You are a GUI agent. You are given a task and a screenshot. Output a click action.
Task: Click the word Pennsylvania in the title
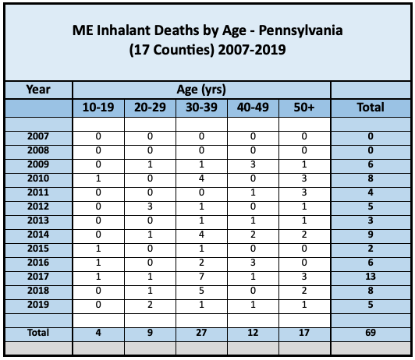click(300, 31)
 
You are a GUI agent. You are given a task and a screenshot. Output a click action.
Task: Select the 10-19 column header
click(98, 108)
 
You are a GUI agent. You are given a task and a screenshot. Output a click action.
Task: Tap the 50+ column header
click(304, 108)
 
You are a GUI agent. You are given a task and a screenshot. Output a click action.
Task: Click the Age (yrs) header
click(201, 90)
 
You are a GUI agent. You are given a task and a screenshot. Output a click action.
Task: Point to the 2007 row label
click(38, 136)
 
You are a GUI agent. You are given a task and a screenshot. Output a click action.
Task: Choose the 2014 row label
click(38, 235)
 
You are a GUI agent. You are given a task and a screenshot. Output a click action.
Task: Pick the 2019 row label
click(38, 305)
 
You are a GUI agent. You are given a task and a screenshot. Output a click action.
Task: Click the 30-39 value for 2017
click(201, 277)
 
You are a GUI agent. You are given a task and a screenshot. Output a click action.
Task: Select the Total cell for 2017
click(371, 277)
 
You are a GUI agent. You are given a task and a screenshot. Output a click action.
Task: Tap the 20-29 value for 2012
click(150, 206)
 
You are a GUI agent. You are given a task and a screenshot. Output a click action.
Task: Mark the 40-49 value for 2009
click(253, 164)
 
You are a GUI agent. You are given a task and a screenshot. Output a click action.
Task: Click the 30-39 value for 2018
click(201, 291)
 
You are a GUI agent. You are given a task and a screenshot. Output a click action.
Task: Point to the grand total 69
click(371, 333)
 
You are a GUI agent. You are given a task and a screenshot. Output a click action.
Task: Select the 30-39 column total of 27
click(201, 333)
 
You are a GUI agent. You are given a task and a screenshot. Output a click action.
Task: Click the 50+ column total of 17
click(304, 333)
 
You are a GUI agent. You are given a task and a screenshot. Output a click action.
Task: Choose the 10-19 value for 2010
click(98, 178)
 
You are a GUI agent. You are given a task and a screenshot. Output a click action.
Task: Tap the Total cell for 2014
click(371, 235)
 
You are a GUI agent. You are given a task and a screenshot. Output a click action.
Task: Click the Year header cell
click(38, 90)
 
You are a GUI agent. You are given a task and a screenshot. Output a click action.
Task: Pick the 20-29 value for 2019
click(150, 305)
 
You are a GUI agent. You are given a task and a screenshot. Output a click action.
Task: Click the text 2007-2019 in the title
click(252, 50)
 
